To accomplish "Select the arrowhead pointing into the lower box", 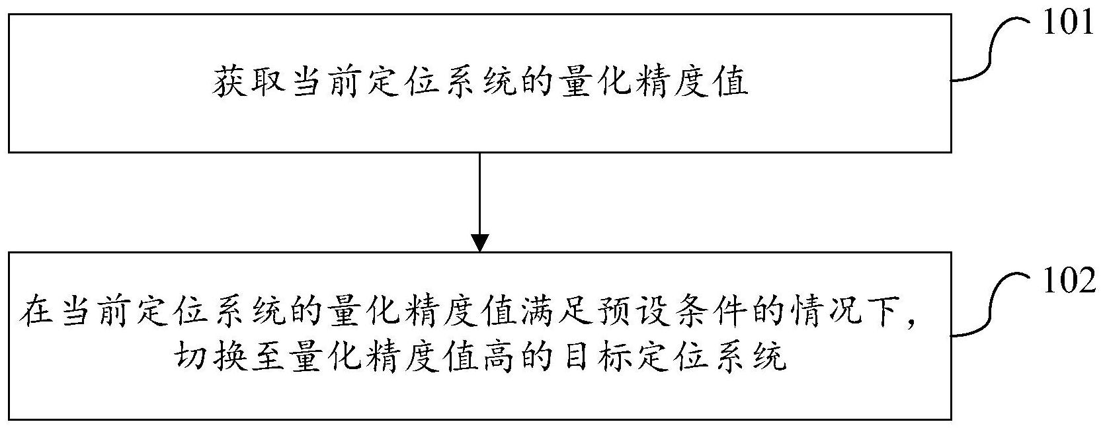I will click(480, 243).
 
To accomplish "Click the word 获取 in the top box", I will click(251, 84).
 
